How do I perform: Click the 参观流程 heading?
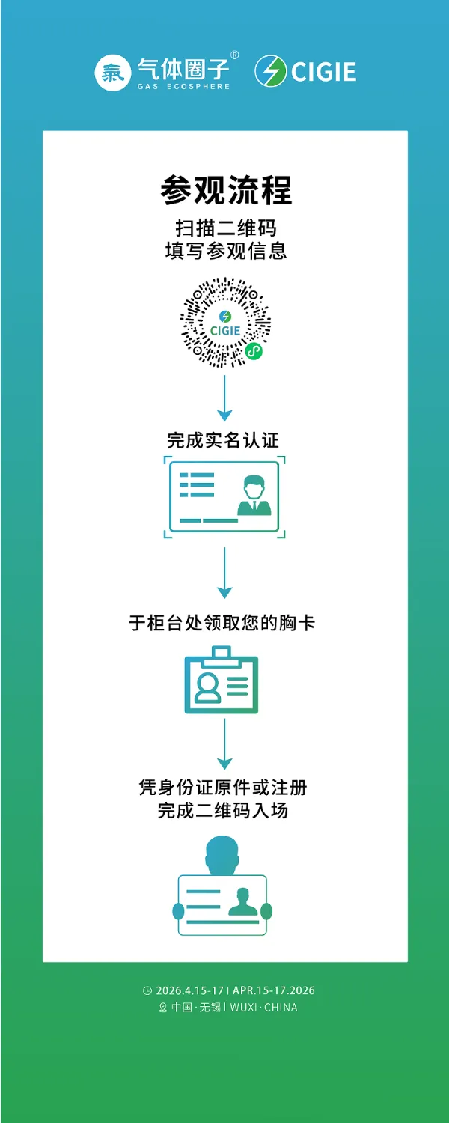pyautogui.click(x=225, y=190)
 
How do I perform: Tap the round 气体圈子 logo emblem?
pyautogui.click(x=113, y=72)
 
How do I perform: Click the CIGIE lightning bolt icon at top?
pyautogui.click(x=270, y=71)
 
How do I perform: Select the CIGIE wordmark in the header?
pyautogui.click(x=323, y=72)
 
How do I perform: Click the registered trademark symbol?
pyautogui.click(x=234, y=55)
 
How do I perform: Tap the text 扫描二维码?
pyautogui.click(x=225, y=228)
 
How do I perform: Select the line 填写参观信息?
pyautogui.click(x=225, y=250)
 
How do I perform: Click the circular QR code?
pyautogui.click(x=225, y=323)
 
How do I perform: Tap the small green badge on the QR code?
pyautogui.click(x=254, y=350)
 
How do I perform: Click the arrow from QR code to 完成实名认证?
pyautogui.click(x=224, y=397)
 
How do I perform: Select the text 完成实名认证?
pyautogui.click(x=224, y=439)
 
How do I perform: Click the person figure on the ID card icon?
pyautogui.click(x=254, y=496)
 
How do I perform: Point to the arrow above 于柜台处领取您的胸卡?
pyautogui.click(x=224, y=573)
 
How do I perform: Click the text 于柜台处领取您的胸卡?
pyautogui.click(x=222, y=622)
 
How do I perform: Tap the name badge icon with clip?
pyautogui.click(x=222, y=681)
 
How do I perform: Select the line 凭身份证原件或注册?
pyautogui.click(x=223, y=787)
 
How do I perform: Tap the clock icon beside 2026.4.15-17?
pyautogui.click(x=147, y=990)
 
